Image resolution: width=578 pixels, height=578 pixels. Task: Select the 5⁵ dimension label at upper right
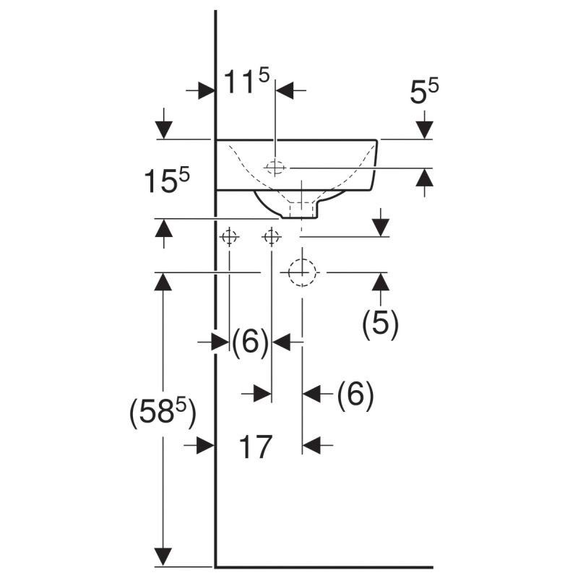424,92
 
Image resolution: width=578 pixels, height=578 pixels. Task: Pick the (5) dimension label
380,324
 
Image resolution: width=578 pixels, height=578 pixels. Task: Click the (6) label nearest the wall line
250,342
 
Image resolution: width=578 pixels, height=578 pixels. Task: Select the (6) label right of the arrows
355,395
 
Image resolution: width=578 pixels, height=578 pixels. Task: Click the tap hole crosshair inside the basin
275,168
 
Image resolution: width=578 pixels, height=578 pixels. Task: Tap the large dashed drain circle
302,272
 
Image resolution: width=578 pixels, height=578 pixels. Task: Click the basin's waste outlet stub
302,210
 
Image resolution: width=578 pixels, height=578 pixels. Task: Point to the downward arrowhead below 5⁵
424,129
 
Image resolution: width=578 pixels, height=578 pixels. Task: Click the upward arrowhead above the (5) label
381,282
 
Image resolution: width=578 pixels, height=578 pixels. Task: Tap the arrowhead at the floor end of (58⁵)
165,557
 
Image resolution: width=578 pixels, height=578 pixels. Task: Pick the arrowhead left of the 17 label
206,447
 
